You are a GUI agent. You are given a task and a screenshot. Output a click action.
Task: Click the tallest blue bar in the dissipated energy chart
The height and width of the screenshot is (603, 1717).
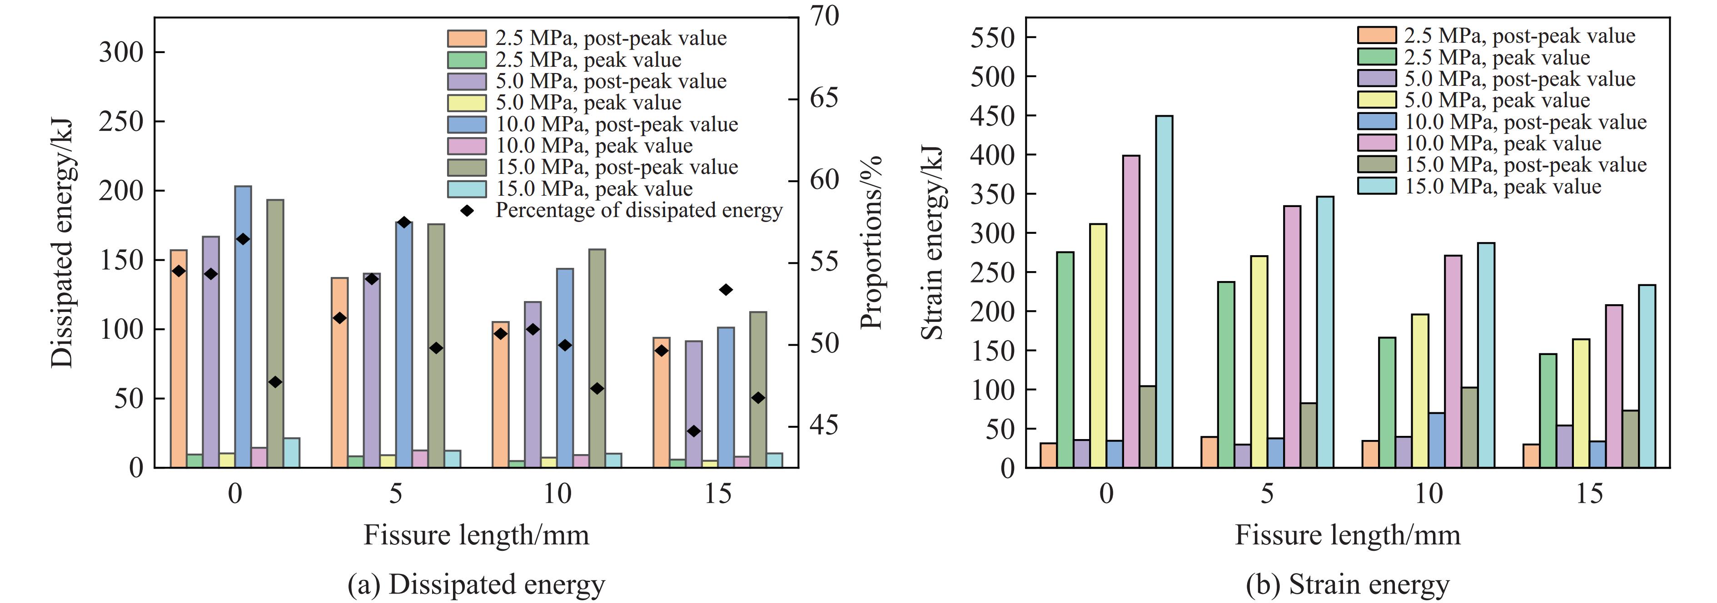(x=243, y=326)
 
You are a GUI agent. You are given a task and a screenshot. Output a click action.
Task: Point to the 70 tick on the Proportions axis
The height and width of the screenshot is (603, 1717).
(x=825, y=16)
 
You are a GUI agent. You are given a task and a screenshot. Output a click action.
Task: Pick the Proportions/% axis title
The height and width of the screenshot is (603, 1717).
(x=871, y=242)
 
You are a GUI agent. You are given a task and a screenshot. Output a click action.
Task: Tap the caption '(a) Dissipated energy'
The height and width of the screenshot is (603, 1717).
(x=476, y=584)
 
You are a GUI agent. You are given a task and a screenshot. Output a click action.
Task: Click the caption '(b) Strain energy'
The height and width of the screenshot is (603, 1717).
(x=1347, y=584)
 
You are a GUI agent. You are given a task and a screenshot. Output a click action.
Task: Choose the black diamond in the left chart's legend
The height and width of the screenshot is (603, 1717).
(x=467, y=211)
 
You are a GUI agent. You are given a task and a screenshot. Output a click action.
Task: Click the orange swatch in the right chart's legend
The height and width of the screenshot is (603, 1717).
(x=1376, y=35)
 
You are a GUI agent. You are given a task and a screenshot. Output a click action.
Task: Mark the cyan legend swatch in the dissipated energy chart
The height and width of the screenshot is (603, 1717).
(x=467, y=188)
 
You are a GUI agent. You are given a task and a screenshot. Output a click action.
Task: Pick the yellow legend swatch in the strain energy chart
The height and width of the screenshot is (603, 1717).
(x=1376, y=100)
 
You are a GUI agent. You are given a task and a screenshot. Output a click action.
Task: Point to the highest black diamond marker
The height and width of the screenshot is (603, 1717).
(x=404, y=222)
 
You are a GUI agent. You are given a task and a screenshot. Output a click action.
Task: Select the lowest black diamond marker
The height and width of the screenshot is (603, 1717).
(x=694, y=431)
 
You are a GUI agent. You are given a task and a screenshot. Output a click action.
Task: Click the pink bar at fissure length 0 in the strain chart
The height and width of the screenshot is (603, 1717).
(x=1131, y=311)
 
